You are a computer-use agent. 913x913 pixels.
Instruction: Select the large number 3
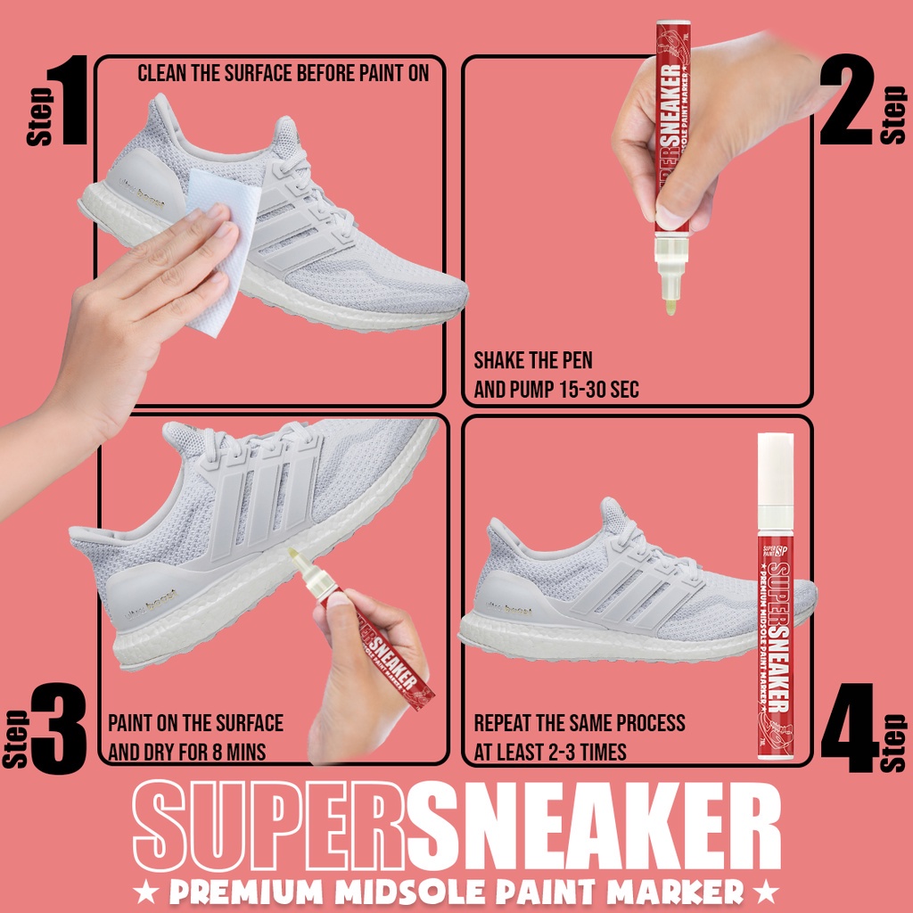(x=59, y=726)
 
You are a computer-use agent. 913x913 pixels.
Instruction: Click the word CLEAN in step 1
(x=162, y=73)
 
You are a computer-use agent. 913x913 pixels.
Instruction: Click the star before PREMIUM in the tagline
(x=144, y=891)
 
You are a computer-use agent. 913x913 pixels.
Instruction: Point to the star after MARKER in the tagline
(x=765, y=891)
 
